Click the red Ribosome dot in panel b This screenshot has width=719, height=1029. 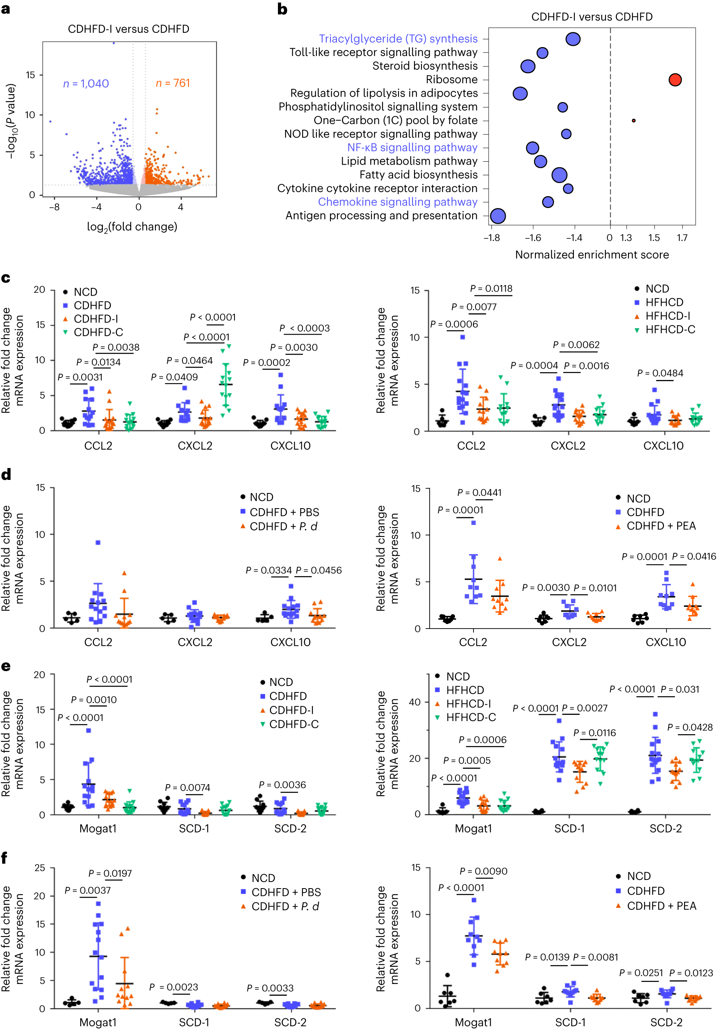click(x=675, y=80)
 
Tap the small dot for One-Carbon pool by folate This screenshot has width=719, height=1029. click(x=633, y=120)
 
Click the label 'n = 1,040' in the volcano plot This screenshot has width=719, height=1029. click(x=86, y=84)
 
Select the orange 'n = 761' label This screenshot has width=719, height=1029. click(x=173, y=84)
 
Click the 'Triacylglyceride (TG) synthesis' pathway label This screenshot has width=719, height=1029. click(x=398, y=39)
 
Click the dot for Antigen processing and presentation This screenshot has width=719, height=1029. click(x=498, y=216)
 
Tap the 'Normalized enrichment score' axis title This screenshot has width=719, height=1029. click(x=591, y=255)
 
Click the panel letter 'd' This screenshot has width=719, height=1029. click(x=6, y=475)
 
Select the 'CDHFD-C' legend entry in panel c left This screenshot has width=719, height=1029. click(x=98, y=332)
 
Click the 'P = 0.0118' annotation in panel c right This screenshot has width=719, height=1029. click(x=491, y=289)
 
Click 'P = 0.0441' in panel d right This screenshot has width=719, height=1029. click(x=479, y=493)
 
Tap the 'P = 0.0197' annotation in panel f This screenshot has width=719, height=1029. click(x=110, y=873)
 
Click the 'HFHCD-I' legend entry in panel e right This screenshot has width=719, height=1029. click(x=468, y=704)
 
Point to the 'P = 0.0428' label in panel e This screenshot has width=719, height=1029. click(x=689, y=727)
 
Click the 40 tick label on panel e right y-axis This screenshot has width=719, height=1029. click(x=414, y=702)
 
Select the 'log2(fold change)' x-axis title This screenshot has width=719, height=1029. click(x=132, y=227)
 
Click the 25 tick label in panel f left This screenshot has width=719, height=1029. click(x=39, y=868)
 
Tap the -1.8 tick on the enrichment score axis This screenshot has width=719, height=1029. click(x=491, y=238)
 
